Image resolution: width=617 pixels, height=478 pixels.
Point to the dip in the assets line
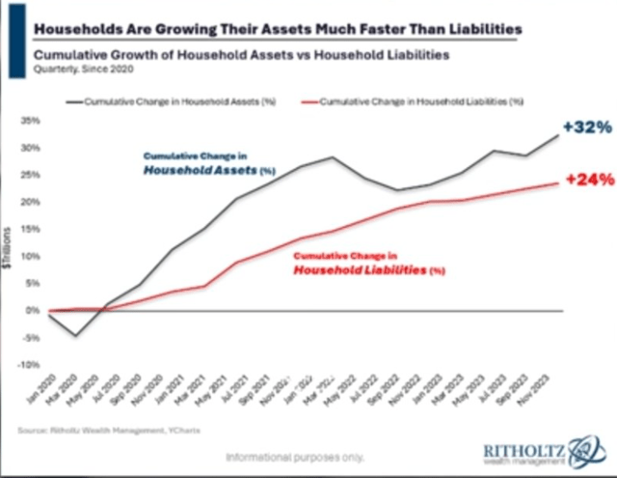coord(74,334)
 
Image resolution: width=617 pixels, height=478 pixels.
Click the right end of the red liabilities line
coord(558,183)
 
